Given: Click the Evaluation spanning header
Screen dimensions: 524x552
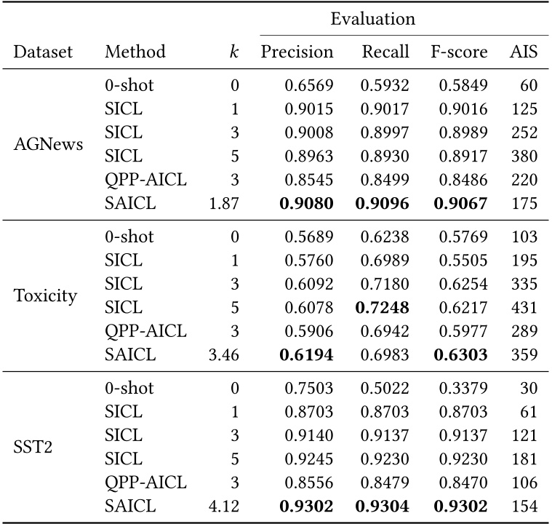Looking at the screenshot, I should pyautogui.click(x=372, y=20).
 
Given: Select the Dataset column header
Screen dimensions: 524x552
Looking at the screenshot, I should pyautogui.click(x=44, y=52).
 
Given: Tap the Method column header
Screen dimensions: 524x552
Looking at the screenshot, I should pyautogui.click(x=135, y=52).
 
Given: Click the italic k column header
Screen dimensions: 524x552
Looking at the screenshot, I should pyautogui.click(x=233, y=52).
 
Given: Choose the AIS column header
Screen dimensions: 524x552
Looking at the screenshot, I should pyautogui.click(x=524, y=52).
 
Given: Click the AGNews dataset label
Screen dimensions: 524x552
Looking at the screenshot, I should pyautogui.click(x=49, y=143).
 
